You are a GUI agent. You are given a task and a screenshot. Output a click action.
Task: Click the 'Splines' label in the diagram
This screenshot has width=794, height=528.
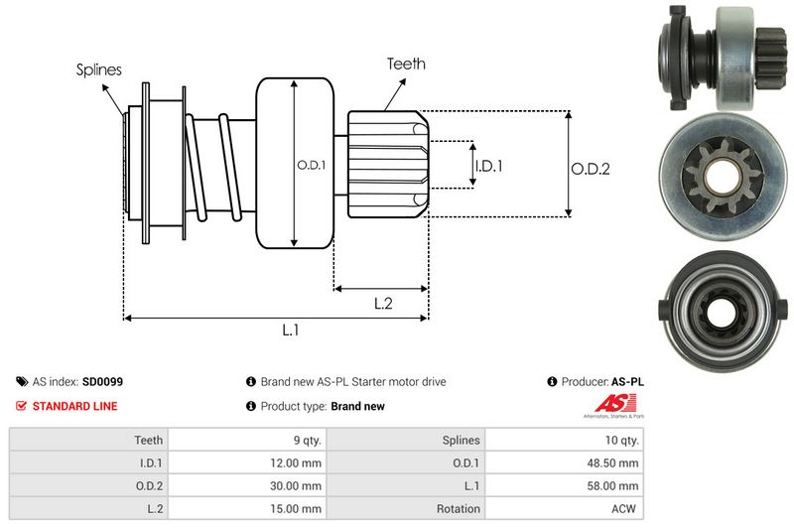tap(99, 69)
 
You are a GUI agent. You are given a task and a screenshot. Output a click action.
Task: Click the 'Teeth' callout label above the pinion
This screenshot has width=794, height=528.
tap(406, 64)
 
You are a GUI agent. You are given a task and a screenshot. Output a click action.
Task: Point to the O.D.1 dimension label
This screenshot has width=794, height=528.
tap(311, 165)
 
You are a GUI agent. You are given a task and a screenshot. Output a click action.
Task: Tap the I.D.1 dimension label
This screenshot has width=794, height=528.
tap(488, 167)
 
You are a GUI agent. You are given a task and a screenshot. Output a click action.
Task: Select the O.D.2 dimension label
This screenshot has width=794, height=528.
tap(590, 169)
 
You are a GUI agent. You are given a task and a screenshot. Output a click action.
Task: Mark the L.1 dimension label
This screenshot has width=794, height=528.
tap(290, 330)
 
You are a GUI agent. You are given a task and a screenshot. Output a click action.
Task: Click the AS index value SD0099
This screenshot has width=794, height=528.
tap(103, 381)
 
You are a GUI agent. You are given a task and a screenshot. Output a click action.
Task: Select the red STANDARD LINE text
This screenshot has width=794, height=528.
tap(74, 406)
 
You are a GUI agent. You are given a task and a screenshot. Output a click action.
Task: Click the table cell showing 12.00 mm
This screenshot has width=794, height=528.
tap(298, 462)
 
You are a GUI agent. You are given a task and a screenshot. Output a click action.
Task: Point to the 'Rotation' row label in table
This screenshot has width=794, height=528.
tap(459, 509)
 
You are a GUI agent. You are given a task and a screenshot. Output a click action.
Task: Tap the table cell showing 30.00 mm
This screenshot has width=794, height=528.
tap(298, 485)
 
